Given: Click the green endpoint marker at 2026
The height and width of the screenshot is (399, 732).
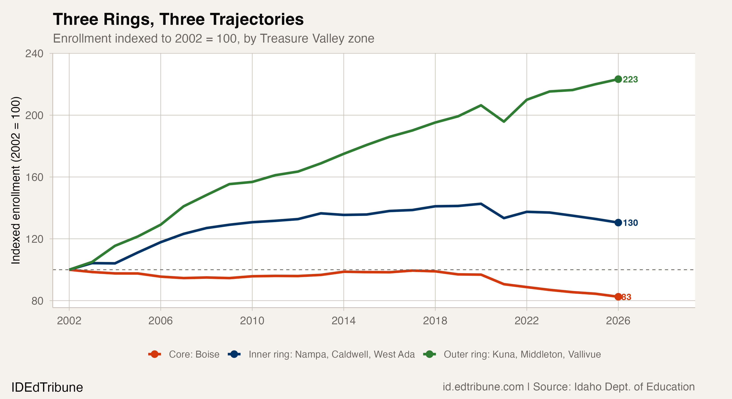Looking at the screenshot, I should pyautogui.click(x=618, y=79).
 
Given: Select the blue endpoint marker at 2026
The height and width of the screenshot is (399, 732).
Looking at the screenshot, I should pyautogui.click(x=618, y=223).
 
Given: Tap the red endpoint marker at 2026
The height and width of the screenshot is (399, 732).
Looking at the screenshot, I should pyautogui.click(x=618, y=297).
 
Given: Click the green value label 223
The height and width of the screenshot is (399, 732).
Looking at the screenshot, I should pyautogui.click(x=630, y=80).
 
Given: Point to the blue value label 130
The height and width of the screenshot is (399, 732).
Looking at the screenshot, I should pyautogui.click(x=630, y=223).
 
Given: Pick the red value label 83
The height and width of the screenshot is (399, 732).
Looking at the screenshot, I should pyautogui.click(x=626, y=297).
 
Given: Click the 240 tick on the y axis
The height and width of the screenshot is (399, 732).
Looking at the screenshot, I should pyautogui.click(x=34, y=53).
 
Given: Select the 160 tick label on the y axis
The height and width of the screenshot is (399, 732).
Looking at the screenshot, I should pyautogui.click(x=34, y=177).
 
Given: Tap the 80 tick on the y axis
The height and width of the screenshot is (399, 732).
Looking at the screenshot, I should pyautogui.click(x=37, y=301).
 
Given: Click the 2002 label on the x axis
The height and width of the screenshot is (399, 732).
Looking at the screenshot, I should pyautogui.click(x=69, y=321).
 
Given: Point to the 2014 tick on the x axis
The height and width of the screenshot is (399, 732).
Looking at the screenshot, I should pyautogui.click(x=344, y=321).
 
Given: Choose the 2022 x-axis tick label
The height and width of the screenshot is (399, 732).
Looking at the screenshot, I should pyautogui.click(x=527, y=321).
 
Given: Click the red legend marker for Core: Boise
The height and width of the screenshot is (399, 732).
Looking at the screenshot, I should pyautogui.click(x=155, y=354).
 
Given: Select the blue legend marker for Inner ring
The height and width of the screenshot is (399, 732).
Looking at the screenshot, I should pyautogui.click(x=234, y=354).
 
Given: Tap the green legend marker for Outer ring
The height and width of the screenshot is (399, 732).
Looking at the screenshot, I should pyautogui.click(x=429, y=354).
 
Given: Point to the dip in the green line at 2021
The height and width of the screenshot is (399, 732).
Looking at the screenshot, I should pyautogui.click(x=504, y=121).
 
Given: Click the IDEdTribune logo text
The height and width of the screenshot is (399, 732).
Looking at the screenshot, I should pyautogui.click(x=47, y=387).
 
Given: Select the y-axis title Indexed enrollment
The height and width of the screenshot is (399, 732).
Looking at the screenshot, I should pyautogui.click(x=16, y=180).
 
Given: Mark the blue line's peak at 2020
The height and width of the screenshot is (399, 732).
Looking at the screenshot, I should pyautogui.click(x=481, y=204).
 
